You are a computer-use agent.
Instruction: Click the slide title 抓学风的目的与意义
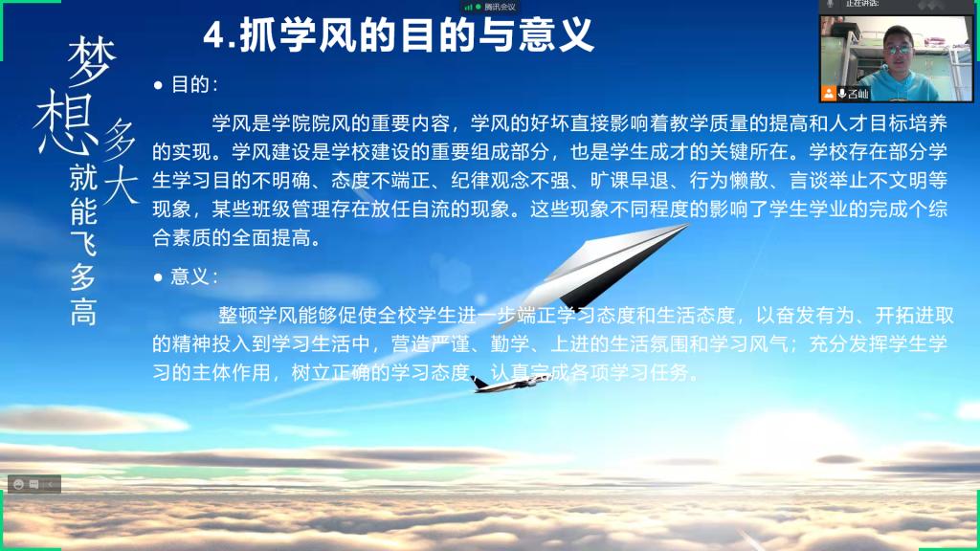[x=417, y=35]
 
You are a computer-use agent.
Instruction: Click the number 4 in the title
[x=214, y=35]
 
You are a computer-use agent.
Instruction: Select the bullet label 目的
[x=190, y=84]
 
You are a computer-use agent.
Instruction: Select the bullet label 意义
[x=190, y=276]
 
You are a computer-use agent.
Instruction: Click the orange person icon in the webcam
[x=829, y=94]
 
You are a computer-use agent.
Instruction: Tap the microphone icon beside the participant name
[x=842, y=94]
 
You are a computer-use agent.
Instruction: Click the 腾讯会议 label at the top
[x=500, y=7]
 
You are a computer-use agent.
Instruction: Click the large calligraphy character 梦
[x=92, y=60]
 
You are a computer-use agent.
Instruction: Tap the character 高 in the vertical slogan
[x=83, y=313]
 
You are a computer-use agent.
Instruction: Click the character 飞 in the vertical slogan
[x=83, y=244]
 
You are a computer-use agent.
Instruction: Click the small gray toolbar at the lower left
[x=34, y=484]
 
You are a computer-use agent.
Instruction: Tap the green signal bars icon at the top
[x=468, y=7]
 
